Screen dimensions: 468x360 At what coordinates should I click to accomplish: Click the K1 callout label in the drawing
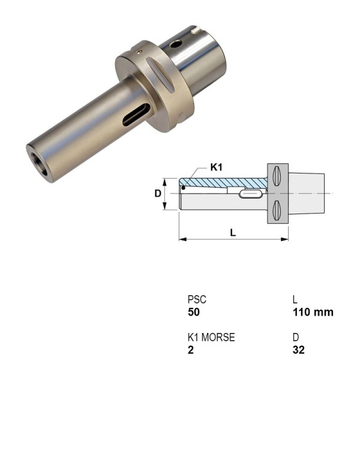[x=217, y=166]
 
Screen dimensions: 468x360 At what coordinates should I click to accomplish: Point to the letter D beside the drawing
[x=158, y=194]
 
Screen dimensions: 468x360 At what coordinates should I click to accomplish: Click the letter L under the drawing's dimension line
[x=233, y=233]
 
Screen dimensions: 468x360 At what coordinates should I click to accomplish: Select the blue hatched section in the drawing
[x=222, y=182]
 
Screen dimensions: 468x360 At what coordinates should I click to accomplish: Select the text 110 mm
[x=313, y=313]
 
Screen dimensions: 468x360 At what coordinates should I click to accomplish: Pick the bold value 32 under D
[x=298, y=350]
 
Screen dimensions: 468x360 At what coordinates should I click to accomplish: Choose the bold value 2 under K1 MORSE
[x=190, y=350]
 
